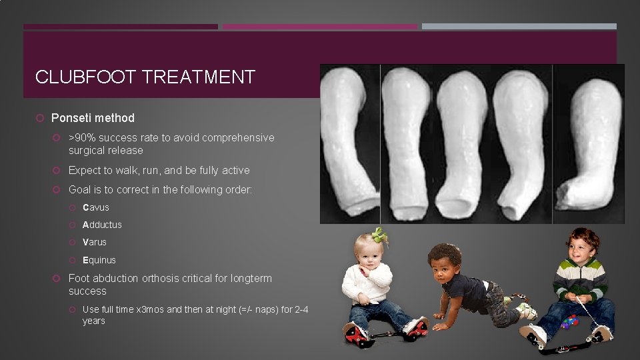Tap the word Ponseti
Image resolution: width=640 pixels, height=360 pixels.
(71, 118)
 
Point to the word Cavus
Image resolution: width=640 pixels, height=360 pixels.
(95, 207)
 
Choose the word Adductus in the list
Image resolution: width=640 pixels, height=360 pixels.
(102, 225)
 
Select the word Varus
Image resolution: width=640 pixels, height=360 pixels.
(94, 242)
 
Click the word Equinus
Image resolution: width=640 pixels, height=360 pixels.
(99, 260)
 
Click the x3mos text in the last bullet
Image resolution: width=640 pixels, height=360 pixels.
(150, 309)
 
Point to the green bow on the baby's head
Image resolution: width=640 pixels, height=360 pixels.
(379, 235)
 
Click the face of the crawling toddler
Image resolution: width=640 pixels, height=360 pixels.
(443, 263)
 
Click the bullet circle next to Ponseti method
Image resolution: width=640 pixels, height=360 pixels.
(41, 118)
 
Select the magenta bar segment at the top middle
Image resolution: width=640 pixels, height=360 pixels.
(319, 27)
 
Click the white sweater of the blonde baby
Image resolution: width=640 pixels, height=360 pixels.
(367, 283)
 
